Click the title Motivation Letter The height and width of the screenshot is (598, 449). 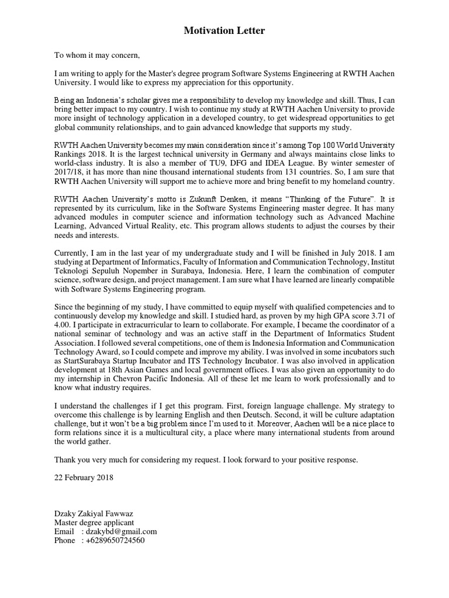tap(224, 30)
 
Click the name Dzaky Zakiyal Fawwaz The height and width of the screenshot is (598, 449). tap(94, 514)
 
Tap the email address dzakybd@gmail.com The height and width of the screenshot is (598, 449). tap(122, 531)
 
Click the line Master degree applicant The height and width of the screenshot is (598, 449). tap(94, 523)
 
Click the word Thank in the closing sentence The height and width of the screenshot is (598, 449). tap(65, 460)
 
